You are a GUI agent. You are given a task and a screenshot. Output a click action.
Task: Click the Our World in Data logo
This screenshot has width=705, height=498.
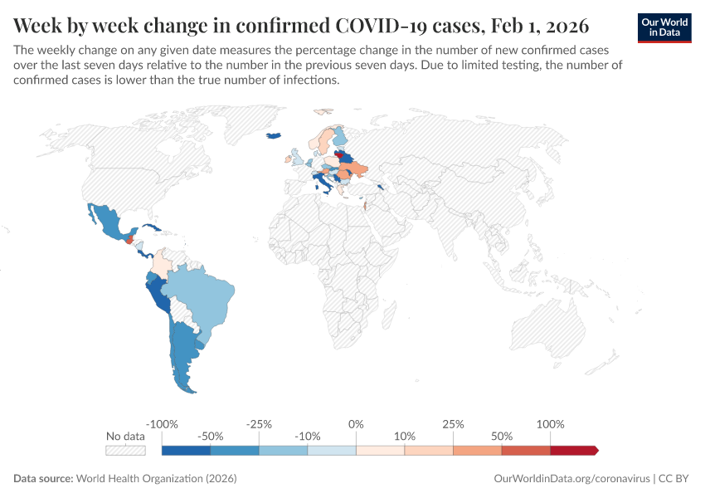click(x=664, y=27)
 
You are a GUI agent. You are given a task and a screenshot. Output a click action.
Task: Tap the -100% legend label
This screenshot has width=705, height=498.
click(x=162, y=424)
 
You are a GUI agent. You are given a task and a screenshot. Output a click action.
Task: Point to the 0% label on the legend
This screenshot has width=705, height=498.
click(x=356, y=424)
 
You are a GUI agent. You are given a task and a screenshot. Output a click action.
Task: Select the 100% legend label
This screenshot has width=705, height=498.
click(x=550, y=424)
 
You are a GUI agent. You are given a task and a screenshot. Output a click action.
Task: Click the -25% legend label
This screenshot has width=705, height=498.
click(x=259, y=424)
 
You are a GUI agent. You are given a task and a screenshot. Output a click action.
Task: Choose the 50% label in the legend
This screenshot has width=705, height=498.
click(x=501, y=436)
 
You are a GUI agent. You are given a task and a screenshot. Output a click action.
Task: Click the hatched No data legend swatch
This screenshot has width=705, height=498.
click(x=125, y=450)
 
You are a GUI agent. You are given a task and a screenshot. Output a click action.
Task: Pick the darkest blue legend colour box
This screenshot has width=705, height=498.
click(x=186, y=450)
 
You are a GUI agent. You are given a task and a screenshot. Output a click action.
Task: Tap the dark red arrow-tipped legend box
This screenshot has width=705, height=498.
click(x=573, y=450)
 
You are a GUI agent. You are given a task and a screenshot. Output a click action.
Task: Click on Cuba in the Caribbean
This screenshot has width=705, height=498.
click(x=149, y=227)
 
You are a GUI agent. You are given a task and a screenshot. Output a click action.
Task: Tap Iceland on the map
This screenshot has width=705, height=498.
click(x=273, y=136)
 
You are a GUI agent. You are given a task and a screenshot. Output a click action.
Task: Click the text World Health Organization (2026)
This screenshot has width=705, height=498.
click(x=156, y=479)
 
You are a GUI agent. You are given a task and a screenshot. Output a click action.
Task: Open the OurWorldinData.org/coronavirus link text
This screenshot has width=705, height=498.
click(x=571, y=479)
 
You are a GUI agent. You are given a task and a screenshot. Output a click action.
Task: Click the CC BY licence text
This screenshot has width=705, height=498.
click(x=675, y=479)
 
